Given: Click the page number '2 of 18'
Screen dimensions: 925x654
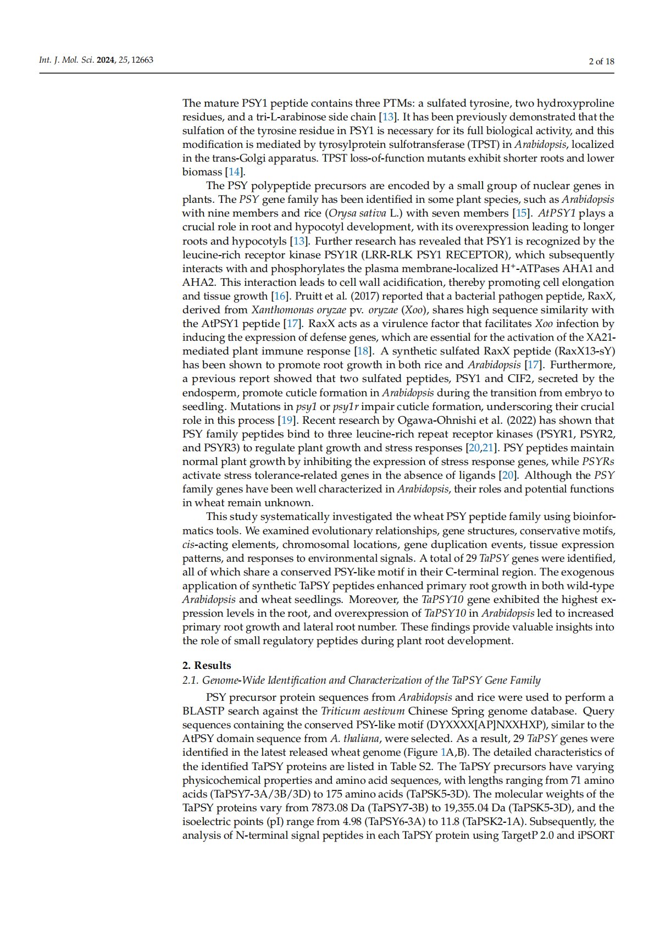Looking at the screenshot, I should click(601, 61).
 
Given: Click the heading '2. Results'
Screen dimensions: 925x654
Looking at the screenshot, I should click(207, 665).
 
